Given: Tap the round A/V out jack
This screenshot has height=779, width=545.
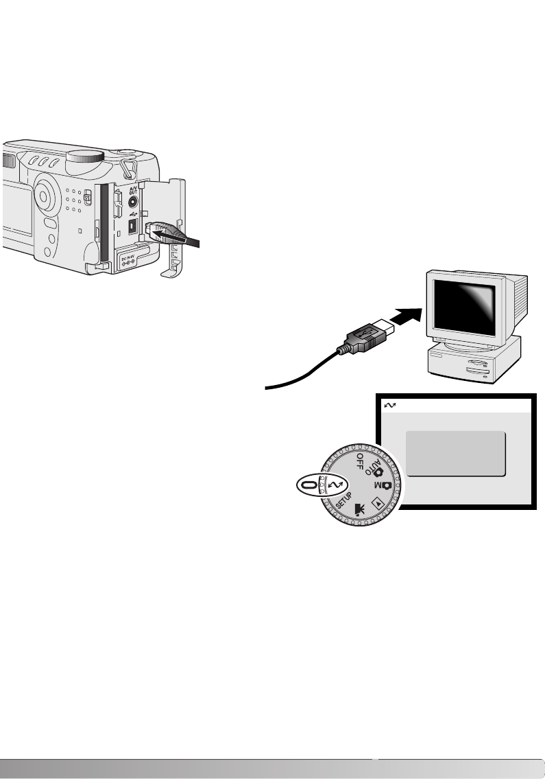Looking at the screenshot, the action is (x=132, y=202).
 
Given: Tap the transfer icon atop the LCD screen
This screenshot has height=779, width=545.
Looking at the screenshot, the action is (x=389, y=407).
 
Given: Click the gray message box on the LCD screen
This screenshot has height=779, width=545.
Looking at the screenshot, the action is (x=455, y=453).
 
